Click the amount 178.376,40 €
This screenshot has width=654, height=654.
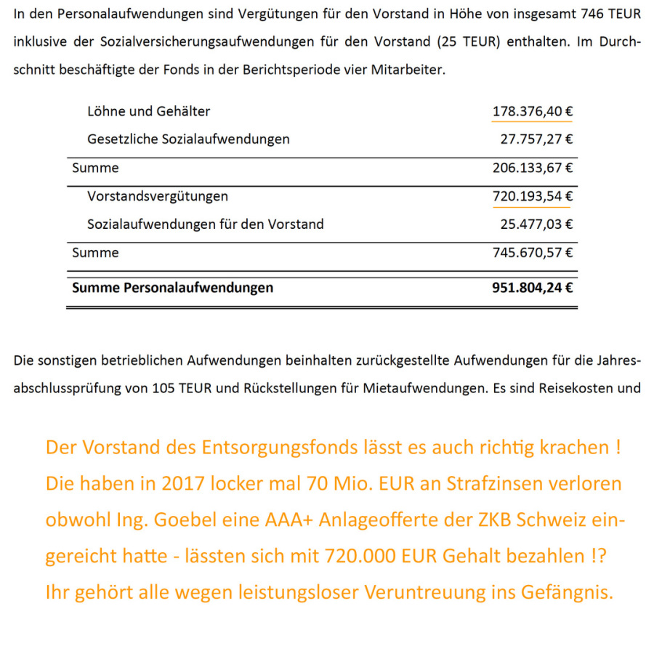point(533,112)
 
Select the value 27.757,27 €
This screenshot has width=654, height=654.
point(536,140)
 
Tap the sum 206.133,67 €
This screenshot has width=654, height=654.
point(533,168)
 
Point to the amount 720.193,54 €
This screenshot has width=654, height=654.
point(533,196)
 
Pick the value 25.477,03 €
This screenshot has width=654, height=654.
point(536,225)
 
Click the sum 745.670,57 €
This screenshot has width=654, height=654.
point(533,253)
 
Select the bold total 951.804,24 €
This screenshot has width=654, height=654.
point(533,288)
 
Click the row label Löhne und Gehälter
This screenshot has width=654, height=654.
point(148,112)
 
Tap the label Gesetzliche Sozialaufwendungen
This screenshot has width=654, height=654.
point(188,140)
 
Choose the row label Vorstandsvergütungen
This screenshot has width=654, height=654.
point(158,196)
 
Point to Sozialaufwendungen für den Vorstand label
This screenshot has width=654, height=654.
point(206,225)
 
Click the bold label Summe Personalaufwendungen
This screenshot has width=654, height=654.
point(173,288)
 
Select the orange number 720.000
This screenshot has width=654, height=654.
point(408,557)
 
